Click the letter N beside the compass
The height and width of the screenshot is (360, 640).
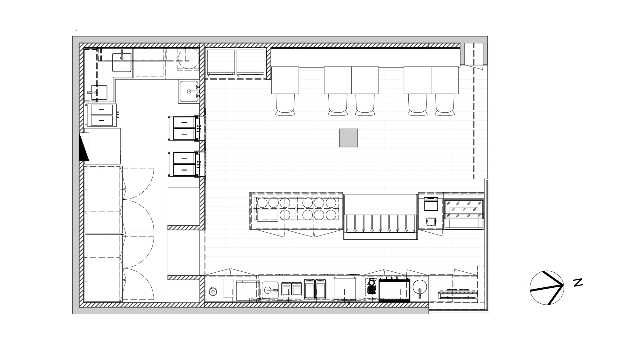point(578,283)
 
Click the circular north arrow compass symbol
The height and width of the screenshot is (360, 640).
point(547,288)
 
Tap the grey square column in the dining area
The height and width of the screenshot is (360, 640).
point(348,138)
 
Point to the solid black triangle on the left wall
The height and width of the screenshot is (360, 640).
point(84,147)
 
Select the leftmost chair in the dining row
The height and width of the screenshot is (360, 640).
point(285,104)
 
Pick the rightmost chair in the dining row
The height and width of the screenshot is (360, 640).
point(445,104)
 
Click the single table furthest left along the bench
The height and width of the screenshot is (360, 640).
point(285,80)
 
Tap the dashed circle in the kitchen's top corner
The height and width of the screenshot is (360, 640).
point(188,59)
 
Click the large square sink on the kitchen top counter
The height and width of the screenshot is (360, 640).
point(122,62)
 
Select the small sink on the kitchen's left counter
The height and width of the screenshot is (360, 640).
point(99,93)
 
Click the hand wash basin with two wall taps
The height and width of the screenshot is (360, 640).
point(189,91)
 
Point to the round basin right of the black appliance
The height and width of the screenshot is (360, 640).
point(420,288)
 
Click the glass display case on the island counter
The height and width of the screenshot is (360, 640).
point(463,213)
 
